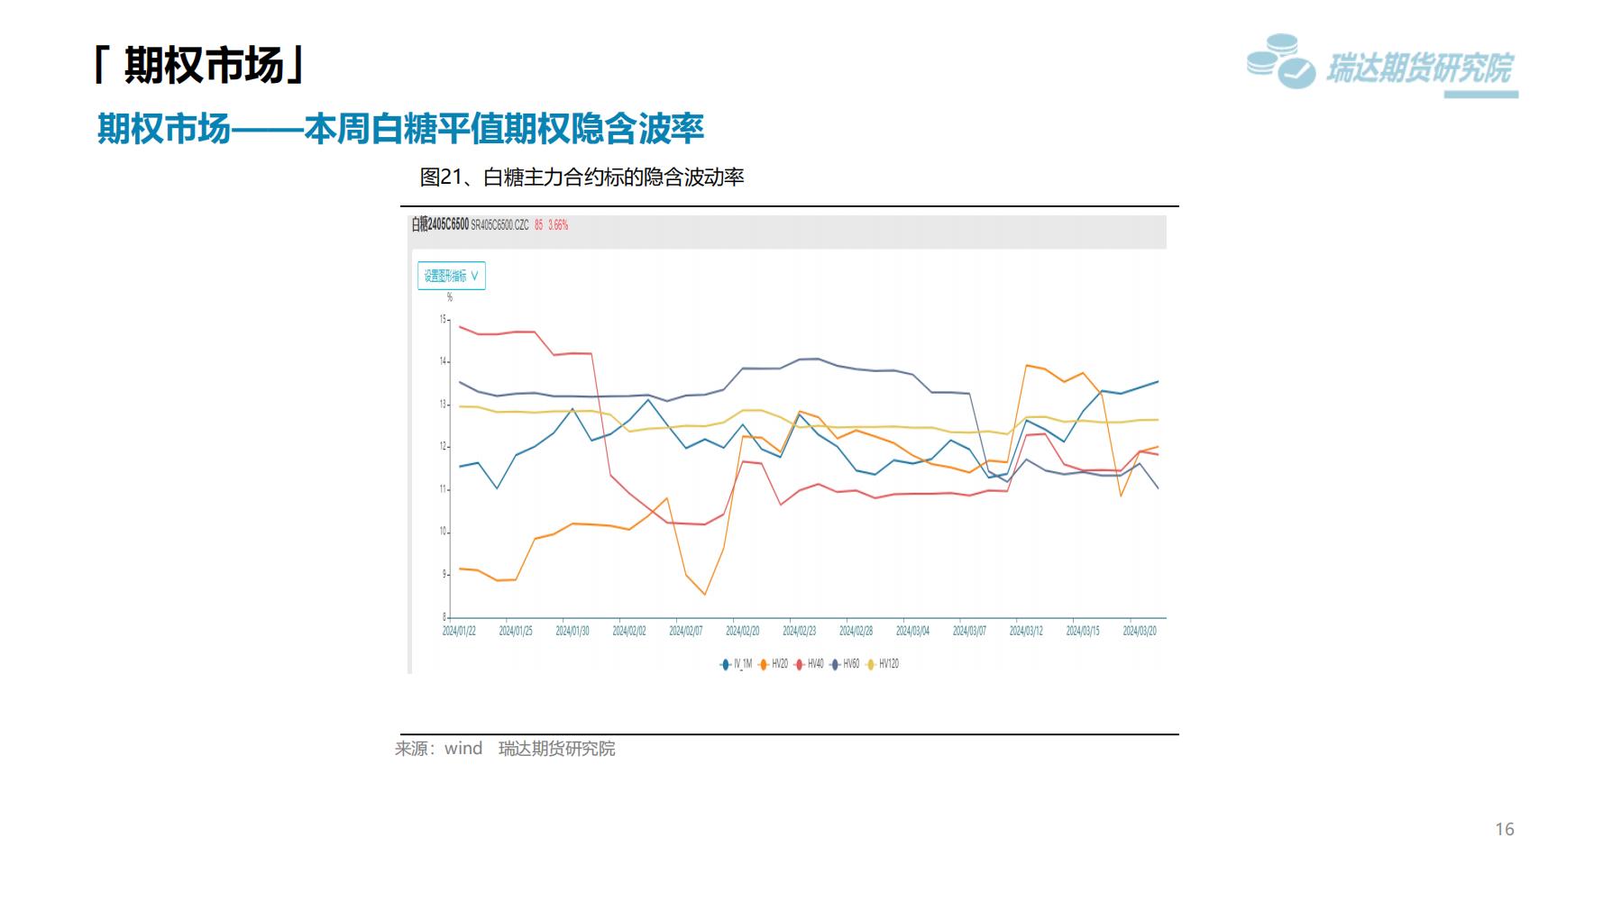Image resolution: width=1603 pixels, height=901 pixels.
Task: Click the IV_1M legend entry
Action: [x=737, y=664]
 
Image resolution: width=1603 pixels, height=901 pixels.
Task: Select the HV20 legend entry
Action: [x=774, y=664]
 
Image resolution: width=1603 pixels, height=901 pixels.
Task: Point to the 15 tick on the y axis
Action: [x=443, y=319]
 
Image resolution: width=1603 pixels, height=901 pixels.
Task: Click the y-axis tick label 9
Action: [x=444, y=574]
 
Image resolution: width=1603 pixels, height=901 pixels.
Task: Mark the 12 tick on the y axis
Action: [x=443, y=447]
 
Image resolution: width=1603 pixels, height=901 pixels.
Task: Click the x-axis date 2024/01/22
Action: [x=459, y=632]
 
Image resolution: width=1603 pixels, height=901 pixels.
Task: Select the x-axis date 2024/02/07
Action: [x=685, y=632]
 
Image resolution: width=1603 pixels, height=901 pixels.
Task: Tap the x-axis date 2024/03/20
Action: [x=1140, y=632]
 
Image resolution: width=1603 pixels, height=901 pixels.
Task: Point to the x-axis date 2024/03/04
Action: [x=912, y=632]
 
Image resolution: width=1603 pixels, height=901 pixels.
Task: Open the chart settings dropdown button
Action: [x=452, y=276]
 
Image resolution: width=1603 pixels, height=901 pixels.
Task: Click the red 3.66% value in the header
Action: [x=558, y=225]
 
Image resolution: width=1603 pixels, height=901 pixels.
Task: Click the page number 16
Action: [x=1505, y=829]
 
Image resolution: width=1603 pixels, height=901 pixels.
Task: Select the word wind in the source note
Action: [x=463, y=749]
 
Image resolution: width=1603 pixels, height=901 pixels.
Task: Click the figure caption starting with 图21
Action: [x=582, y=177]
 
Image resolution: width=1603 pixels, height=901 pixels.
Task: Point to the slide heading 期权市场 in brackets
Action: [x=201, y=65]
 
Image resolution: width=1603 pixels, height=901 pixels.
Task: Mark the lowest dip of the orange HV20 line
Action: [x=704, y=595]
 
